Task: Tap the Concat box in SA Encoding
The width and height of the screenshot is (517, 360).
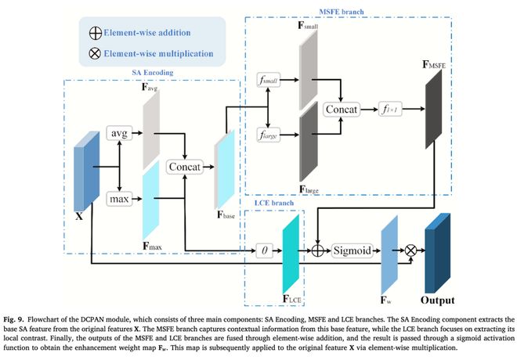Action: pyautogui.click(x=185, y=167)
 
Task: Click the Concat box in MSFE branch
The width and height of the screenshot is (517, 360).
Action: pyautogui.click(x=341, y=110)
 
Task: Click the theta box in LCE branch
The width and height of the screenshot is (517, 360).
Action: pyautogui.click(x=265, y=250)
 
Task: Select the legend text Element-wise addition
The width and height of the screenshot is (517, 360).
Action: pyautogui.click(x=152, y=35)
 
